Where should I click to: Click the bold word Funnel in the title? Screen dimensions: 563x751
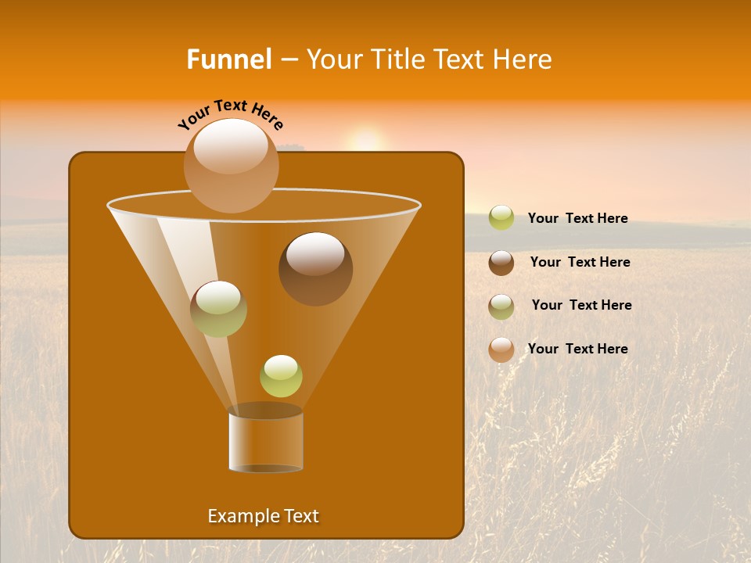228,59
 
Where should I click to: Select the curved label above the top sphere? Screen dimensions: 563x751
231,114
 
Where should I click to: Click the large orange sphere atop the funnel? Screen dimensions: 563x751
231,165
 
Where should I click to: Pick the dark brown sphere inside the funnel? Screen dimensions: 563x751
315,268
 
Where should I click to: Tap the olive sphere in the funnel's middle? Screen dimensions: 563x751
218,308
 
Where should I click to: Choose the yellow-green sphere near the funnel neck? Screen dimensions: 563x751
281,375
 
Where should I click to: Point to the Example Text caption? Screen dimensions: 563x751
263,516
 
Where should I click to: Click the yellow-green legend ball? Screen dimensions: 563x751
501,218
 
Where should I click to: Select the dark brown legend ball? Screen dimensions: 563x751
501,263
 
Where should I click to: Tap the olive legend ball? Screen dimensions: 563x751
501,306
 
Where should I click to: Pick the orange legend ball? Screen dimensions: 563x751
501,350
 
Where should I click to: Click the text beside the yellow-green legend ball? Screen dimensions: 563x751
577,218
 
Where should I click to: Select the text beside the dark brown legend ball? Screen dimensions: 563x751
580,262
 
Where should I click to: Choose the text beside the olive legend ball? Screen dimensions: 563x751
581,305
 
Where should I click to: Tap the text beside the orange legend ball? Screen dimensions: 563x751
577,349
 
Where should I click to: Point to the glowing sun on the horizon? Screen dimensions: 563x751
366,141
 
